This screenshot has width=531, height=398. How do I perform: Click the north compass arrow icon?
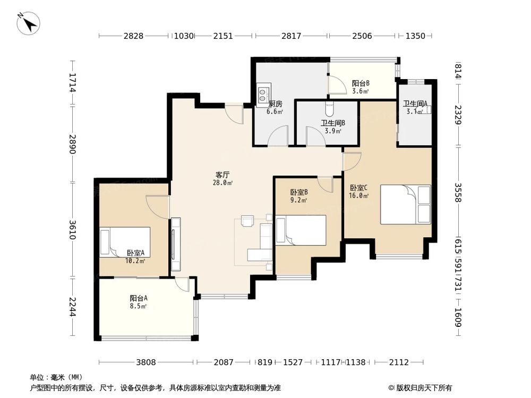click(29, 23)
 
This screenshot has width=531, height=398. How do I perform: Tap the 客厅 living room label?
click(222, 175)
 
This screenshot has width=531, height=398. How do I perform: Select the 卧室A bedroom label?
click(136, 253)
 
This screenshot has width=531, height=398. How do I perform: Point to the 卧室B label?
click(299, 192)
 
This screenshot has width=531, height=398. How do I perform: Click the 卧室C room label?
click(358, 187)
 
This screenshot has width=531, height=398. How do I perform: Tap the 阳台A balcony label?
click(139, 298)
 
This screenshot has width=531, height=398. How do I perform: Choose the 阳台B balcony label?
click(361, 83)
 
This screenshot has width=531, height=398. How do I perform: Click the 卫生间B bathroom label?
click(333, 123)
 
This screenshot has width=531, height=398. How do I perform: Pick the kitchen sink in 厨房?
click(263, 93)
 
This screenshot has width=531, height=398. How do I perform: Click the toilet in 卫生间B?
click(330, 108)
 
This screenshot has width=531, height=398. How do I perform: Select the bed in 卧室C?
click(406, 204)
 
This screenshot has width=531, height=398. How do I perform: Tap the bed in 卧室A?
click(125, 243)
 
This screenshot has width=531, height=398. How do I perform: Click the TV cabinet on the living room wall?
click(176, 244)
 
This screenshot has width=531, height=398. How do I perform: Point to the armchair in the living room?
click(247, 220)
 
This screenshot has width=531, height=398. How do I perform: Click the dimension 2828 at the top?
click(133, 36)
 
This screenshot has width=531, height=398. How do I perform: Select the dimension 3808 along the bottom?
click(146, 362)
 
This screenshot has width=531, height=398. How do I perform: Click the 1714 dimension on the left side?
click(72, 83)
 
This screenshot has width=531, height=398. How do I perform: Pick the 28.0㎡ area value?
click(223, 183)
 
